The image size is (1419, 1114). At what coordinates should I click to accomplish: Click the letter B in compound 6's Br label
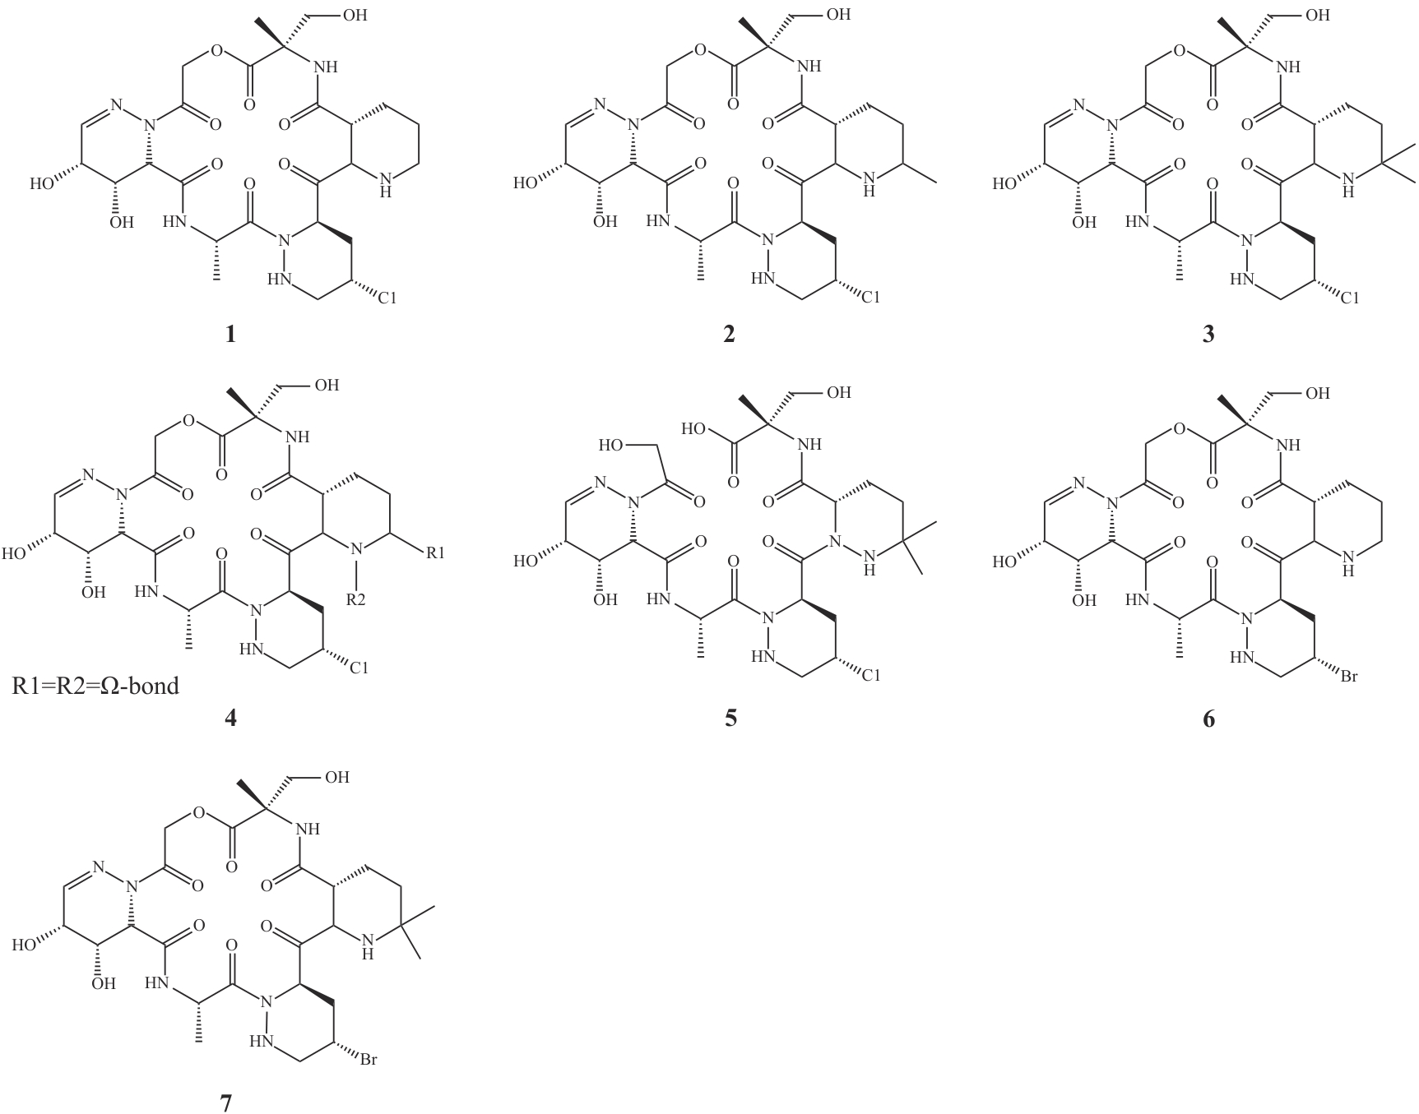(x=1345, y=678)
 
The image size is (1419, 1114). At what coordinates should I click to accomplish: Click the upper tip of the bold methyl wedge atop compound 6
(x=1220, y=397)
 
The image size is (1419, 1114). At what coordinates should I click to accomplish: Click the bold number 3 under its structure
(x=1208, y=335)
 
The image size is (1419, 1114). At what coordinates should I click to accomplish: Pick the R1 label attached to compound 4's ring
(x=435, y=553)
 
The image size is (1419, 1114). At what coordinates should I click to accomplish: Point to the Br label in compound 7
(x=368, y=1060)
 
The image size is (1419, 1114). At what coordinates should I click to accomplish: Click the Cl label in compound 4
(x=358, y=668)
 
